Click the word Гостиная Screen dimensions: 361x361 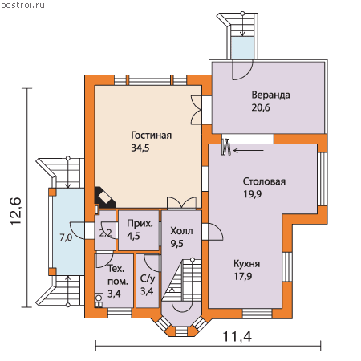pyautogui.click(x=151, y=136)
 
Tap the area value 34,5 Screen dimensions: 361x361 pyautogui.click(x=140, y=148)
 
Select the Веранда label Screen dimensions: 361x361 pyautogui.click(x=270, y=95)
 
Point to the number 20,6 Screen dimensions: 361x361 pyautogui.click(x=261, y=107)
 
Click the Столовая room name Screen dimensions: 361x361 pyautogui.click(x=264, y=181)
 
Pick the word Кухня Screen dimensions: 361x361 pyautogui.click(x=247, y=264)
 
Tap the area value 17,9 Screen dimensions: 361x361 pyautogui.click(x=243, y=276)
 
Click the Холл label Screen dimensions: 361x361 pyautogui.click(x=181, y=231)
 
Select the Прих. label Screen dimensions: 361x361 pyautogui.click(x=140, y=224)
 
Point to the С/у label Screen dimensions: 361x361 pyautogui.click(x=148, y=279)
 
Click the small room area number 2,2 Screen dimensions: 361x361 pyautogui.click(x=106, y=233)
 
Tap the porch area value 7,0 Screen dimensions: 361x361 pyautogui.click(x=66, y=237)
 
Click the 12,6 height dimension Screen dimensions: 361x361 pyautogui.click(x=15, y=212)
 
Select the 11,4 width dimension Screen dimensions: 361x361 pyautogui.click(x=237, y=336)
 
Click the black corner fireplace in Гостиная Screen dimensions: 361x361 pyautogui.click(x=105, y=198)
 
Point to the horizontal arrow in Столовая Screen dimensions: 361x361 pyautogui.click(x=249, y=151)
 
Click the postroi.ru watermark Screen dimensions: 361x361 pyautogui.click(x=22, y=6)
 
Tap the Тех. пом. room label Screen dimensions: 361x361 pyautogui.click(x=118, y=275)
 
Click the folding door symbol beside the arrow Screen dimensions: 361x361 pyautogui.click(x=226, y=147)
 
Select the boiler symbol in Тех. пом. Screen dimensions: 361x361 pyautogui.click(x=99, y=300)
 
